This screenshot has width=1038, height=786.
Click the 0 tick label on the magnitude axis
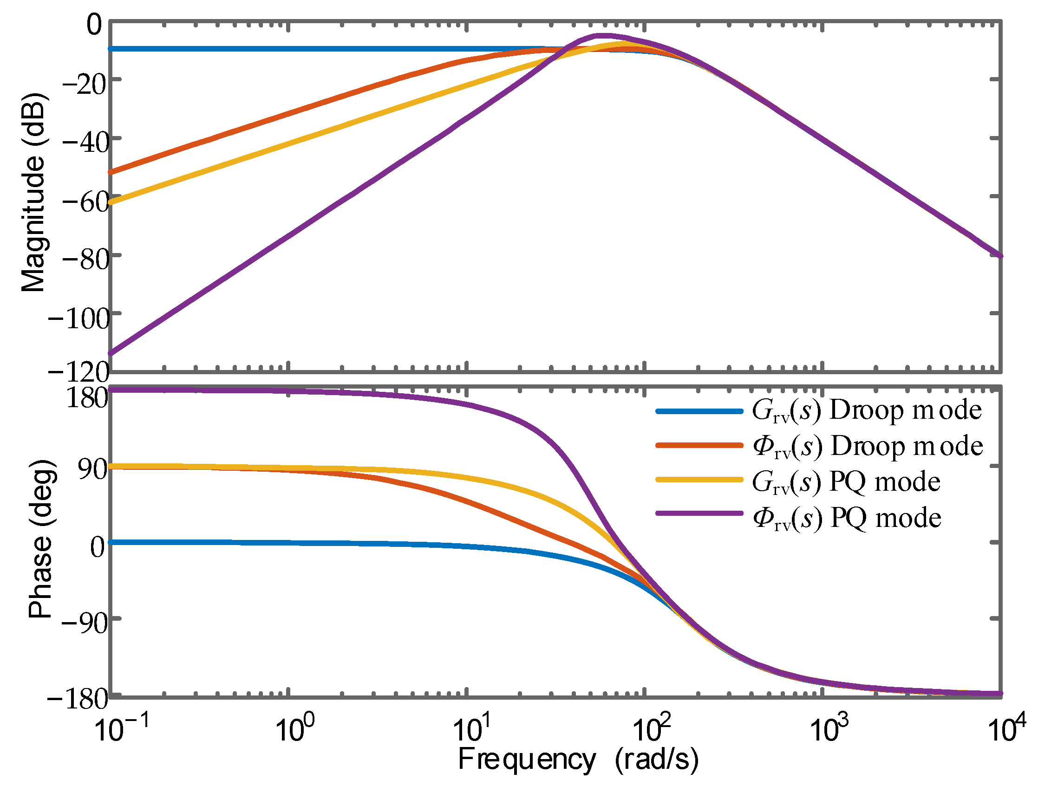94,25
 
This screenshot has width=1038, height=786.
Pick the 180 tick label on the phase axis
87,398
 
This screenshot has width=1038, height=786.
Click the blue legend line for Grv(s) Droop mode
699,411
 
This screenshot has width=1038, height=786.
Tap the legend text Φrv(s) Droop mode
868,446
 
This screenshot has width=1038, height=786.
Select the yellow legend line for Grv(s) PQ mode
699,479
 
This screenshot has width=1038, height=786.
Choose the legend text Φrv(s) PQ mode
847,518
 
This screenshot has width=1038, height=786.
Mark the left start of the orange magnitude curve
111,172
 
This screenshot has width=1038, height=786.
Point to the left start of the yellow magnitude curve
111,202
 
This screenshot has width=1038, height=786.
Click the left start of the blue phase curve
111,542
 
